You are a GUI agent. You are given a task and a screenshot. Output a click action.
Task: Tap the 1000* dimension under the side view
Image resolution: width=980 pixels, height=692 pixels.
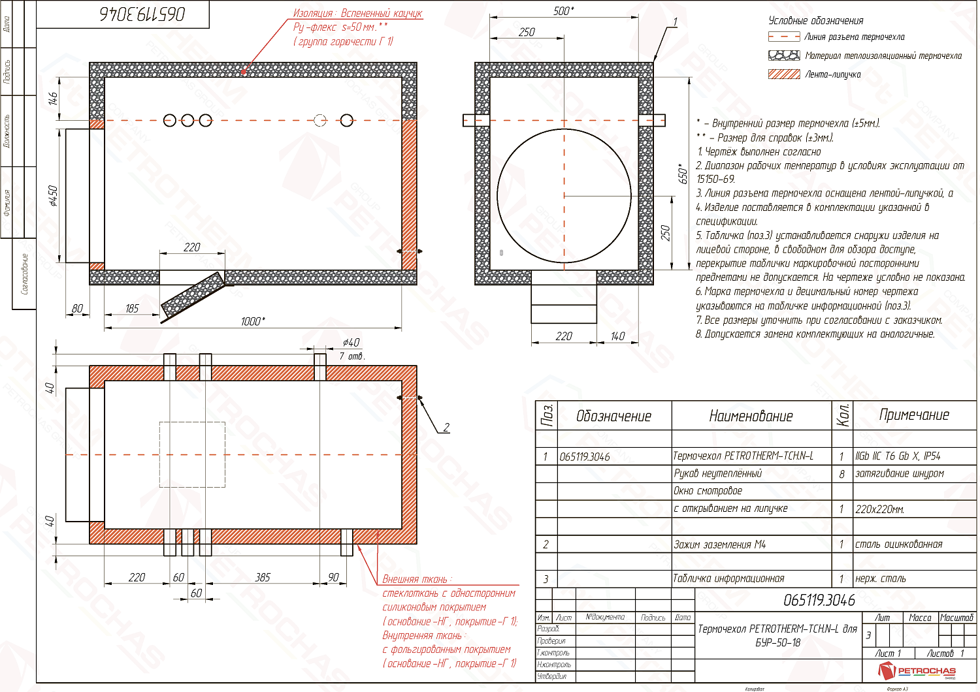coord(253,321)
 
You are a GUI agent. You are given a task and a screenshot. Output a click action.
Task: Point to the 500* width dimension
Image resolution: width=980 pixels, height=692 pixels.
coord(563,11)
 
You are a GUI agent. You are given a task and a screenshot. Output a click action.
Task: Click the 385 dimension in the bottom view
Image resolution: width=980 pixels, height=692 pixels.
coord(263,577)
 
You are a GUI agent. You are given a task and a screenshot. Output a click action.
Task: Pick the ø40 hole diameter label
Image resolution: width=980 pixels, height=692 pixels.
coord(351,342)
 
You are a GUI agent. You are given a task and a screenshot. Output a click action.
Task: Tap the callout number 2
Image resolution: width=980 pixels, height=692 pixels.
coord(446,428)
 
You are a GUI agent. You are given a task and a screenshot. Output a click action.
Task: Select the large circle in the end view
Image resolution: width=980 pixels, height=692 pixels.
coord(564,195)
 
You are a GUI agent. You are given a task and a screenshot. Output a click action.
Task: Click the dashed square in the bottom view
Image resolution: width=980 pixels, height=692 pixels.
coord(192,454)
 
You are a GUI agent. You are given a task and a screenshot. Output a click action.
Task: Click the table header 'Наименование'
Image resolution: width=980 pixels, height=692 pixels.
coord(751,416)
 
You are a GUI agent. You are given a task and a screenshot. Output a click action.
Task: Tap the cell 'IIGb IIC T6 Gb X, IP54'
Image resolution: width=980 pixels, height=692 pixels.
coord(898,456)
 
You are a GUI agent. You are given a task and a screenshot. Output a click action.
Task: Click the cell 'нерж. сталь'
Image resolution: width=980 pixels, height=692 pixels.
coord(881,578)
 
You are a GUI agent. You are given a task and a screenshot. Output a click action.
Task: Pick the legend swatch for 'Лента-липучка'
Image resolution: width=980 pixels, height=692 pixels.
coord(784,74)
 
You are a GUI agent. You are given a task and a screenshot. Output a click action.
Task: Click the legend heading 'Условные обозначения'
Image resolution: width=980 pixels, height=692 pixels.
coord(816,21)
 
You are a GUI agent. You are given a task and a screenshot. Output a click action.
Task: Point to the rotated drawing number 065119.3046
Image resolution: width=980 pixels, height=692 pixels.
coord(142,14)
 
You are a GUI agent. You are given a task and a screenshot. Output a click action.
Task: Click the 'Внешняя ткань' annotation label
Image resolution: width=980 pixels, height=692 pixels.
coord(416,579)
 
